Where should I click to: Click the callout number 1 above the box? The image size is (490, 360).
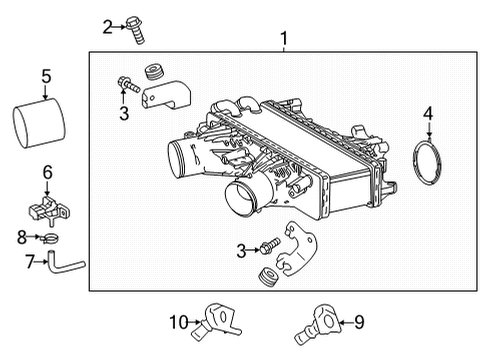tap(285, 40)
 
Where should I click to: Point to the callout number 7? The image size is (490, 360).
tap(31, 262)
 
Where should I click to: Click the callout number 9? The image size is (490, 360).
tap(359, 322)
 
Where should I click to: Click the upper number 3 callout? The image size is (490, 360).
tap(124, 113)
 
